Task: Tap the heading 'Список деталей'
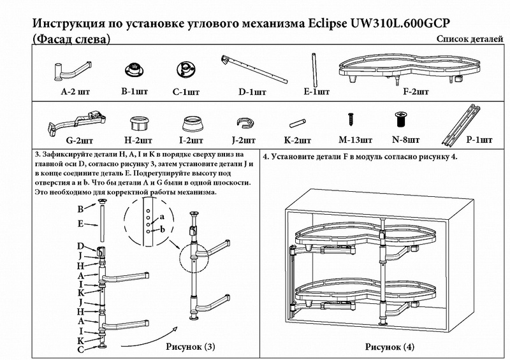click(x=470, y=40)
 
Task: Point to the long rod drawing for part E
click(x=314, y=68)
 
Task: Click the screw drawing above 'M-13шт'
click(x=350, y=119)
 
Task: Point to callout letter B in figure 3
click(x=81, y=209)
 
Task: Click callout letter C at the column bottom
click(x=81, y=349)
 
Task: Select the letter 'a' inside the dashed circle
click(x=162, y=217)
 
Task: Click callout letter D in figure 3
click(x=81, y=246)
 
